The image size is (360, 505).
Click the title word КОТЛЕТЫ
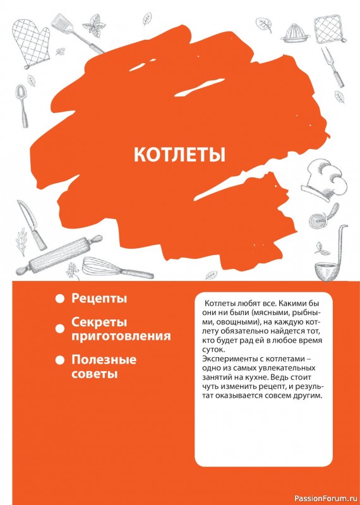point(179,155)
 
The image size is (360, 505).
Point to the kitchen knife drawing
point(32,223)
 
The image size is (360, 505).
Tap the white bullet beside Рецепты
point(59,298)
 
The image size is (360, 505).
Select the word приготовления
point(121,336)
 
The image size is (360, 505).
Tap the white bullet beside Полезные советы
point(59,360)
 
